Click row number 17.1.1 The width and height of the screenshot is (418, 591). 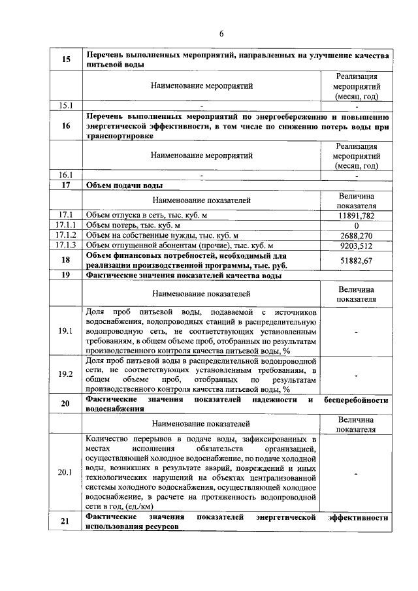66,225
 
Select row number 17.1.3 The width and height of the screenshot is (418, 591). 66,246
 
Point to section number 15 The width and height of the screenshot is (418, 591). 66,59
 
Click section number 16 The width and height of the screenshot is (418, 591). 66,126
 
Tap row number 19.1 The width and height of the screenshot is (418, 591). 66,332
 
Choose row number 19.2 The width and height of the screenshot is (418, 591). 66,374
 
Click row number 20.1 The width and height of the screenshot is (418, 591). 66,472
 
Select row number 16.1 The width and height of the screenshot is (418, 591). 66,175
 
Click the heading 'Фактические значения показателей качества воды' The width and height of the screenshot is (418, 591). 184,276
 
